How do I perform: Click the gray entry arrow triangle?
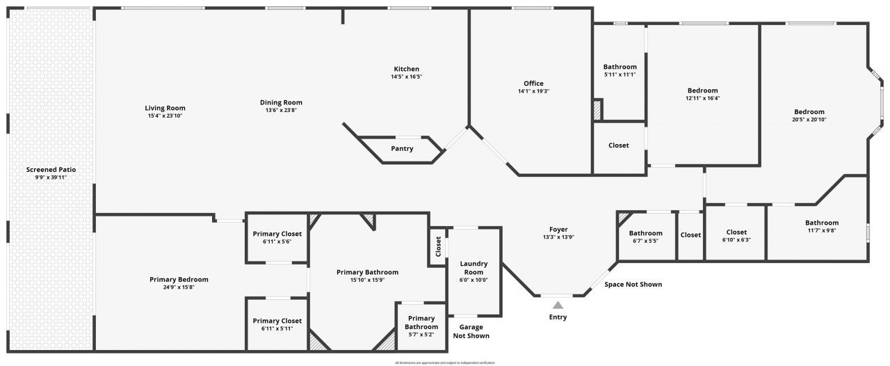(x=558, y=304)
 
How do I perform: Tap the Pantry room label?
(x=402, y=148)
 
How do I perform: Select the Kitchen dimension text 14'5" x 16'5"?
(x=406, y=77)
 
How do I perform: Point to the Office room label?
(x=533, y=83)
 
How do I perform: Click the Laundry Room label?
(x=474, y=268)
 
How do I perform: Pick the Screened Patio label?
(x=51, y=170)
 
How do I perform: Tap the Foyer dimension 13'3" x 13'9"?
(x=558, y=237)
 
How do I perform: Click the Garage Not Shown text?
(x=471, y=331)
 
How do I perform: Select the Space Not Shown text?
(x=633, y=284)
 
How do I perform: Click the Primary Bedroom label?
(x=179, y=280)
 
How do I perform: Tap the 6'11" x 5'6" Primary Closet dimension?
(x=277, y=241)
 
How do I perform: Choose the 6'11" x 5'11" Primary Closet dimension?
(x=277, y=328)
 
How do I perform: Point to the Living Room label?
(x=165, y=108)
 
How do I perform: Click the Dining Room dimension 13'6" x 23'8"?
(x=281, y=110)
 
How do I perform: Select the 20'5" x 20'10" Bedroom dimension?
(x=809, y=120)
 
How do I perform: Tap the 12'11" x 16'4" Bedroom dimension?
(x=702, y=98)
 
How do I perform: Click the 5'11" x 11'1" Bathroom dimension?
(x=620, y=74)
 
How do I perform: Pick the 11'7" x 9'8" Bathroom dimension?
(x=822, y=230)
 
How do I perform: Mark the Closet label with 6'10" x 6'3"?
(x=736, y=232)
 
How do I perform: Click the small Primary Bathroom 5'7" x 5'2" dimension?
(x=421, y=335)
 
